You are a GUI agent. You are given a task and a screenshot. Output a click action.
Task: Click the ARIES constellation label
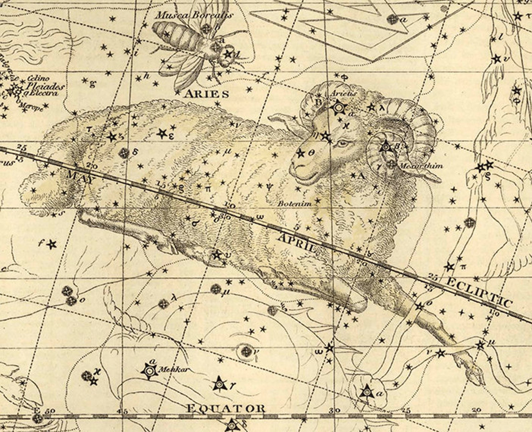coord(206,94)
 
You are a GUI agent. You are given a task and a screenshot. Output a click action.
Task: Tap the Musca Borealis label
coord(194,15)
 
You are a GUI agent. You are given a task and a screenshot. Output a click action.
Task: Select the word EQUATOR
coord(226,408)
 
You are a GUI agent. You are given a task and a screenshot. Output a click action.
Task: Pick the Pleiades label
coord(46,86)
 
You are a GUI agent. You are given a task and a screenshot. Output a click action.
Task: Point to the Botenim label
coord(295,203)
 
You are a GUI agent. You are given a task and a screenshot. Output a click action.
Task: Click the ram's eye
coord(342,143)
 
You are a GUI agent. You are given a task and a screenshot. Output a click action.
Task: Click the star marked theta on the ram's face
coord(300,153)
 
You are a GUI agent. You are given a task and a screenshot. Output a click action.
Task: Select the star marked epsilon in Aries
coord(162,134)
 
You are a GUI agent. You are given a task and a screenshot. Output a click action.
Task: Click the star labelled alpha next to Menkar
coord(148,371)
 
